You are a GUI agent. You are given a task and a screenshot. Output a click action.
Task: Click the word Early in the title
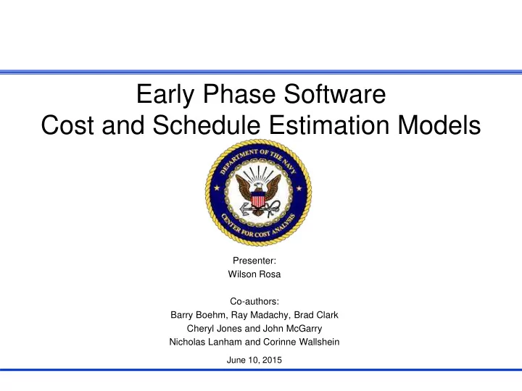pyautogui.click(x=165, y=95)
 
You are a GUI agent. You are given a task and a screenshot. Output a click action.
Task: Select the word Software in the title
pyautogui.click(x=335, y=93)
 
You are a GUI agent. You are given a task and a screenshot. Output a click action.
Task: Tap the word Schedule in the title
pyautogui.click(x=207, y=125)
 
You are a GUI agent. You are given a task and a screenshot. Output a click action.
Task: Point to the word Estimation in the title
pyautogui.click(x=329, y=125)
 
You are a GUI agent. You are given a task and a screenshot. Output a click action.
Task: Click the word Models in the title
pyautogui.click(x=439, y=125)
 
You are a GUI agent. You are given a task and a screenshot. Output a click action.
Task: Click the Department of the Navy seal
pyautogui.click(x=258, y=193)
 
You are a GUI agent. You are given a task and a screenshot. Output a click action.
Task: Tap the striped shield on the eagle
pyautogui.click(x=258, y=199)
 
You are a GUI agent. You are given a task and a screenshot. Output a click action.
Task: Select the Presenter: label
pyautogui.click(x=254, y=261)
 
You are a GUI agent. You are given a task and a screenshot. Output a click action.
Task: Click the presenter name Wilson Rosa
pyautogui.click(x=254, y=274)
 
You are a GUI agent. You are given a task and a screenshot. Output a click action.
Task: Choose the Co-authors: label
pyautogui.click(x=254, y=301)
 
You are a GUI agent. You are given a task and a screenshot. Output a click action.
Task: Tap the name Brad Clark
pyautogui.click(x=316, y=315)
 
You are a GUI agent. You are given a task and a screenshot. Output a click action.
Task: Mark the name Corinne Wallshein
pyautogui.click(x=302, y=342)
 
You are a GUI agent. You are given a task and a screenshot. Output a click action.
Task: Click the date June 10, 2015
pyautogui.click(x=254, y=360)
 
